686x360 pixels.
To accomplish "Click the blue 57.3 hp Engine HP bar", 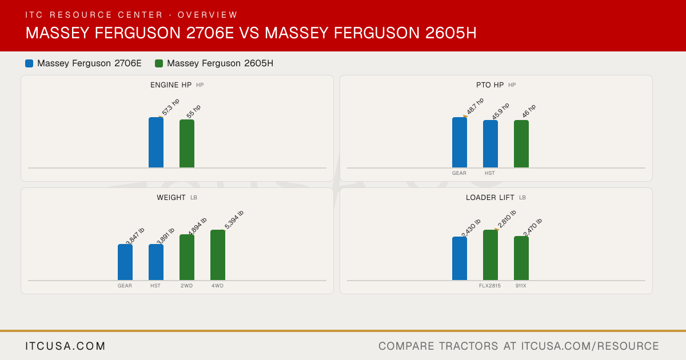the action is (156, 142).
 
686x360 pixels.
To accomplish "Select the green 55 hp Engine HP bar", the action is (187, 143).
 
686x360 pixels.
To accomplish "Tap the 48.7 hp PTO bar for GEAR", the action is (460, 142).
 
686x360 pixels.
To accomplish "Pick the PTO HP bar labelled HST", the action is (490, 144).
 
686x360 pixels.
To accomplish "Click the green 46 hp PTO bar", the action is (521, 144).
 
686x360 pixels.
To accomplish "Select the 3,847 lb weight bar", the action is (125, 262).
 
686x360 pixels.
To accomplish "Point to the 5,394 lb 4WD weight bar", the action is (218, 255).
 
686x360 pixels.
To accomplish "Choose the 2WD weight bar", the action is (187, 257).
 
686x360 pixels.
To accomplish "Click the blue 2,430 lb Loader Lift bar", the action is (460, 258).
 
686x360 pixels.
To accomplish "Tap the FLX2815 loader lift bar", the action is (490, 255).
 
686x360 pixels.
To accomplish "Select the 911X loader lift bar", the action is (521, 258).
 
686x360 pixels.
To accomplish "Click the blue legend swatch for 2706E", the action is (29, 63).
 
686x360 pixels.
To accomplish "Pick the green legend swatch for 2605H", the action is (159, 63).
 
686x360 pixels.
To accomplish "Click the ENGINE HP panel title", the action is (171, 85).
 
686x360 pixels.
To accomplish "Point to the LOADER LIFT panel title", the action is (490, 198).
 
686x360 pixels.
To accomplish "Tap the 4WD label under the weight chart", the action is (217, 286).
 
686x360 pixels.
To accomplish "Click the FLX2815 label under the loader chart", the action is (490, 286).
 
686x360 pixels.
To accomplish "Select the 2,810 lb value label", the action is (507, 219).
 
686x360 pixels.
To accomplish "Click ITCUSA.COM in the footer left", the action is (65, 346).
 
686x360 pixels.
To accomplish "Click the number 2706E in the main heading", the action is (210, 33).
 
